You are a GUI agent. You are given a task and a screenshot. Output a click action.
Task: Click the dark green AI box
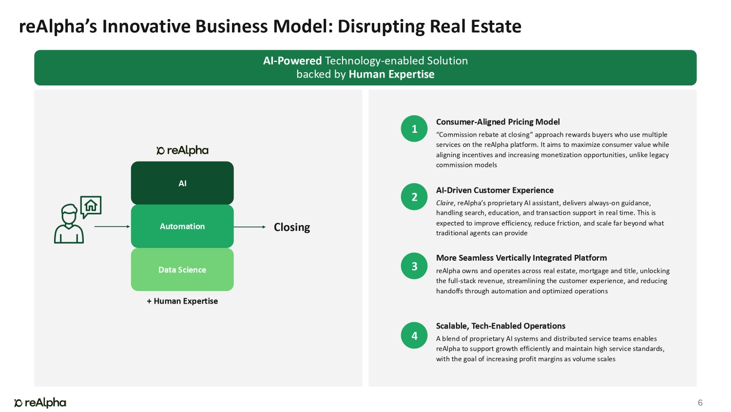tap(182, 183)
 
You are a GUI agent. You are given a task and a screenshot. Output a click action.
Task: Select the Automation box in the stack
tap(182, 227)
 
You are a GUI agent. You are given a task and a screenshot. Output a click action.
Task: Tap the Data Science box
tap(182, 269)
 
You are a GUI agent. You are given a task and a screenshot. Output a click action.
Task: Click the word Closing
tap(292, 227)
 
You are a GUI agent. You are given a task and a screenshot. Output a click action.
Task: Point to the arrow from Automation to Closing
tap(250, 227)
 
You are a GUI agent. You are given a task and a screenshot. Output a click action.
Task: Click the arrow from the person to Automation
tap(112, 227)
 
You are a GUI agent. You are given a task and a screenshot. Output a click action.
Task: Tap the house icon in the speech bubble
tap(91, 206)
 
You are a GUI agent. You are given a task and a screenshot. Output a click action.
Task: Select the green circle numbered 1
tap(414, 128)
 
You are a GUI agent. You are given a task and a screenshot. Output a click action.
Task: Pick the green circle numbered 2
tap(414, 197)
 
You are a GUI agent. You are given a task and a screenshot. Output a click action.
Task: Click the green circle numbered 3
tap(414, 266)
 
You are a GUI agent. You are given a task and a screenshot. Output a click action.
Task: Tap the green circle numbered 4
tap(414, 335)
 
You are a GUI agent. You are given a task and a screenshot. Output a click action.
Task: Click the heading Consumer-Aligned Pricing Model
tap(498, 122)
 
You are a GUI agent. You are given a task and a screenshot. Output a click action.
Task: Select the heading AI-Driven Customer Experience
tap(495, 190)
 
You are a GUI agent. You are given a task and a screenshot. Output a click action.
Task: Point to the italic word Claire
tap(444, 203)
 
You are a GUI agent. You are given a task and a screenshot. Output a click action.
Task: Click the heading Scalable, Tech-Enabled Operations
tap(500, 326)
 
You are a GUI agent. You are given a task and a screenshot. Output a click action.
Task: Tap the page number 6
tap(700, 403)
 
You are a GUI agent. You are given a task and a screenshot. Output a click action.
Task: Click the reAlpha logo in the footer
tap(40, 403)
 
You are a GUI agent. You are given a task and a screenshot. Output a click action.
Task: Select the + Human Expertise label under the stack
tap(182, 301)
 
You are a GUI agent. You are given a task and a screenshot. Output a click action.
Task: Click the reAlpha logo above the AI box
tap(182, 150)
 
